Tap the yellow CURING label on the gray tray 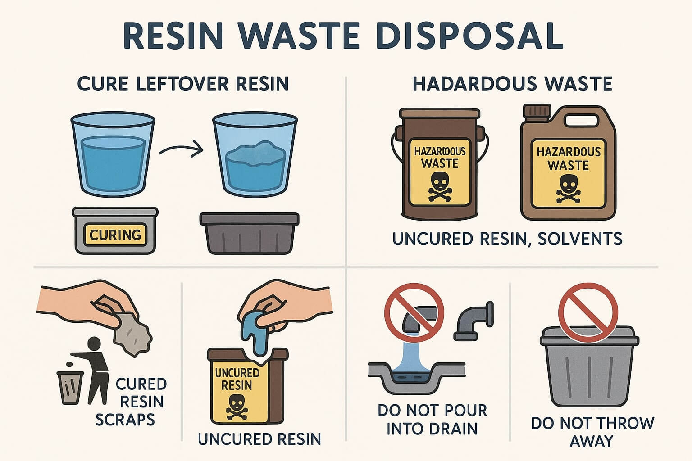click(x=115, y=235)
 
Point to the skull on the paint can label click(x=439, y=185)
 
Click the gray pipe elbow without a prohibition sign click(x=473, y=320)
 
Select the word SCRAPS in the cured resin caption click(x=125, y=420)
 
